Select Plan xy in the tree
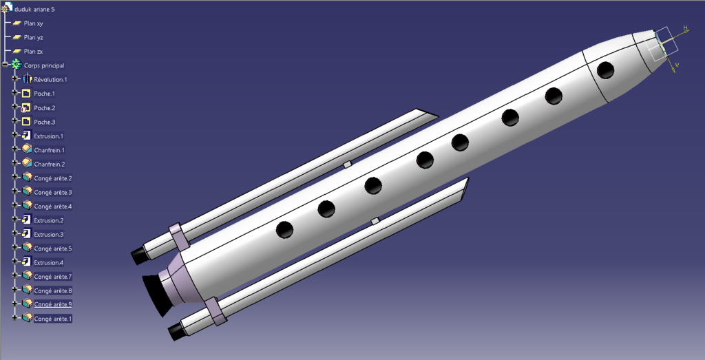pos(33,23)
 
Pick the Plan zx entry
pos(33,52)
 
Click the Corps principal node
pos(43,65)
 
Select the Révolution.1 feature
pos(50,80)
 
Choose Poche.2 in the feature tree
pos(44,108)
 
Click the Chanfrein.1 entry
pos(49,150)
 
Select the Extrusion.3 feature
pos(48,235)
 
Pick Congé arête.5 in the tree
pos(52,248)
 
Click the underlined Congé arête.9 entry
pos(52,304)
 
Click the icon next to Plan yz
pos(17,37)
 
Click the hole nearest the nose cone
pos(606,70)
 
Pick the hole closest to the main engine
pos(284,230)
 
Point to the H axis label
pos(685,28)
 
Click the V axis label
pos(677,65)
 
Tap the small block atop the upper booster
pos(348,165)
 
